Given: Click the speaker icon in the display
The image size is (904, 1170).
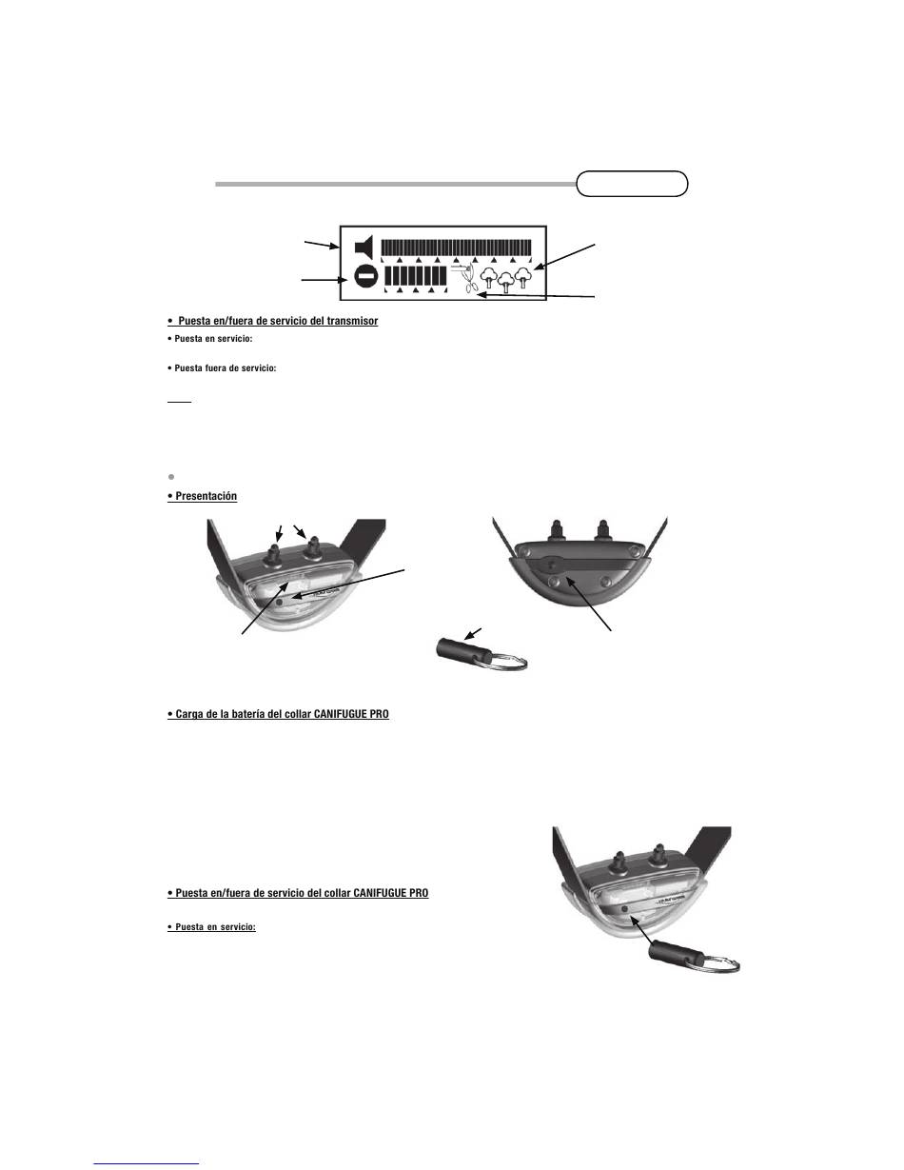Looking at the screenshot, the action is coord(362,248).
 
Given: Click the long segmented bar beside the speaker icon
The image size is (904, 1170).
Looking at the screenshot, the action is coord(456,248).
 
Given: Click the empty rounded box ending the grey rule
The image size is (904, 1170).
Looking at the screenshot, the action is coord(632,184).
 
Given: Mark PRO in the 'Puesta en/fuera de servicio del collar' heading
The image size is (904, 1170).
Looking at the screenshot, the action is coord(418,894).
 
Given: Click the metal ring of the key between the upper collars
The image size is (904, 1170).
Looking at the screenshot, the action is coord(510,661).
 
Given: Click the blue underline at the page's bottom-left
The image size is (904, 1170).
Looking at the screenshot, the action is coord(147,1161).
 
